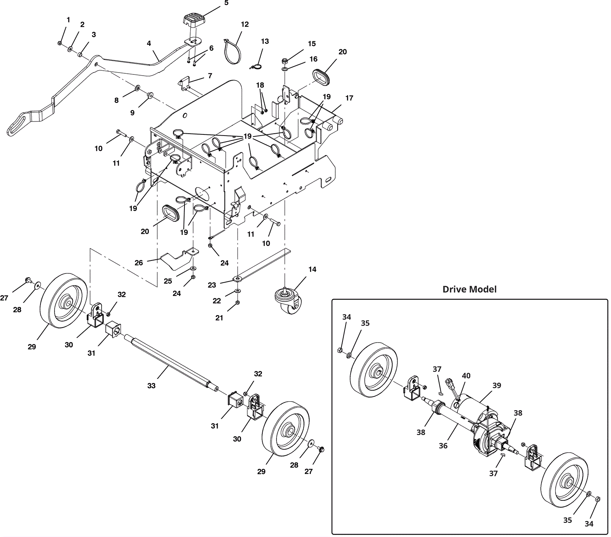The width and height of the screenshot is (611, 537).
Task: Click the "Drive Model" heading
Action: pos(469,289)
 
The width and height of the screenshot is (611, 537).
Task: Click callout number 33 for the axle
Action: pos(151,386)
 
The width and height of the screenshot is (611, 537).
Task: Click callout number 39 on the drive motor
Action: pos(496,385)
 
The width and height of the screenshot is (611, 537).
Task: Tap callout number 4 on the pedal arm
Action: pos(149,43)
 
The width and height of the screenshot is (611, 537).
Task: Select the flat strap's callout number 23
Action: pos(212,285)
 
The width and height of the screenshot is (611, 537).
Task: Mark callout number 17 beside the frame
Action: pos(349,98)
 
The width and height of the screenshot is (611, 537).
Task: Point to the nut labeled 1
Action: pos(60,43)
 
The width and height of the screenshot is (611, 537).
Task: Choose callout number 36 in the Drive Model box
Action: pos(443,445)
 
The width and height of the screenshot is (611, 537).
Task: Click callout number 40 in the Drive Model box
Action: pos(466,376)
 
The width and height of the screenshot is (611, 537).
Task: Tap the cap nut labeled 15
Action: pos(284,61)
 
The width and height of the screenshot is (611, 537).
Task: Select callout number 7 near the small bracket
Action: pos(210,76)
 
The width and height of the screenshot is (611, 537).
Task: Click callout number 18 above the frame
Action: pos(260,85)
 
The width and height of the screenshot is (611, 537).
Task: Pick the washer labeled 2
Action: pos(71,49)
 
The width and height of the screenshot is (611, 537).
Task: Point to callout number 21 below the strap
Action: pos(219,318)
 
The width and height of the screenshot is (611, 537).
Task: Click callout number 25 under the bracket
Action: pos(168,281)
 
